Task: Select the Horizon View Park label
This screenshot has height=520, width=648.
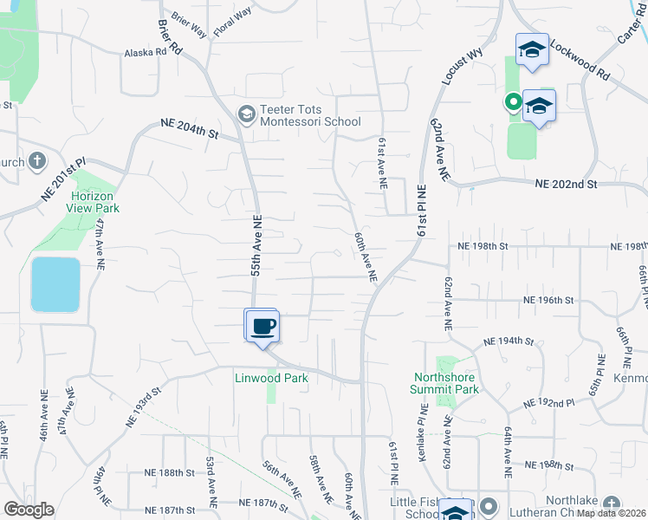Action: pyautogui.click(x=94, y=202)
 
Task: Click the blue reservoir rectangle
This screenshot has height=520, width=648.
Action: pyautogui.click(x=55, y=284)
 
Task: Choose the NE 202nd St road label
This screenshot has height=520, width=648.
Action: pyautogui.click(x=567, y=184)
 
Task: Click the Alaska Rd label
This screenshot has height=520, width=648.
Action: pyautogui.click(x=146, y=52)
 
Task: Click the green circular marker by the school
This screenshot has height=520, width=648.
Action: pyautogui.click(x=513, y=103)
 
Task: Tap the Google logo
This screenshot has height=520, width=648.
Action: pyautogui.click(x=29, y=509)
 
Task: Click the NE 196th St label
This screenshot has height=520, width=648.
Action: pyautogui.click(x=548, y=300)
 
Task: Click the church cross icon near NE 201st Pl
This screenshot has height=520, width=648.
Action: pyautogui.click(x=37, y=160)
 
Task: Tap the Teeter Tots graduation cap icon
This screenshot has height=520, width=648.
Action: pyautogui.click(x=247, y=113)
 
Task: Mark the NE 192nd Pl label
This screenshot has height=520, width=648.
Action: pyautogui.click(x=550, y=404)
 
